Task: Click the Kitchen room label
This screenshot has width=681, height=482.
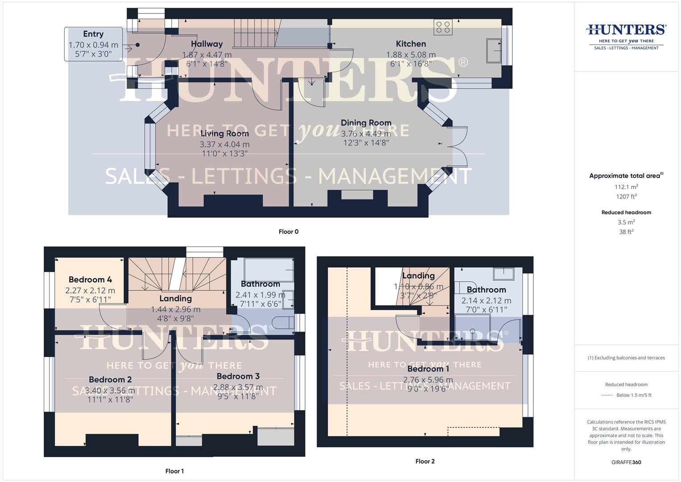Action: point(411,44)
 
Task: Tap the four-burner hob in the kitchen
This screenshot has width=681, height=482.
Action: point(443,27)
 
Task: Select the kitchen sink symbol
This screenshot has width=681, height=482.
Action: point(494,50)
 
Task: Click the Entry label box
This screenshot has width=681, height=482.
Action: point(93,44)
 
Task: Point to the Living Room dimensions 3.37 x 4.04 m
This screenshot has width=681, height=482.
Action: point(224,144)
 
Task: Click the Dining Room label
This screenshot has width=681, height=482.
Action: point(366,123)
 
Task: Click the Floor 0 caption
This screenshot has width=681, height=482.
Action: point(289,232)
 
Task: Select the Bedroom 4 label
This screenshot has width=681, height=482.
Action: point(90,280)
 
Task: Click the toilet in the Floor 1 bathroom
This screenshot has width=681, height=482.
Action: point(284,323)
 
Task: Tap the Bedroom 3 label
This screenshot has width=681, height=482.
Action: point(238,376)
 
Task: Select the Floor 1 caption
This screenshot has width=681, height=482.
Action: point(174,471)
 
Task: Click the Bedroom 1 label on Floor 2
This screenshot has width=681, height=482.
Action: point(428,369)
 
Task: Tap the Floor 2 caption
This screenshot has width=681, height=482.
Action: point(425,461)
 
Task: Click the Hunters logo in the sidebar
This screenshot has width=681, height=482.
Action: point(626,36)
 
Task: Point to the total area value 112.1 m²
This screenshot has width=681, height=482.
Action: point(626,187)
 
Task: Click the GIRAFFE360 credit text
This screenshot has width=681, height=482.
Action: point(626,462)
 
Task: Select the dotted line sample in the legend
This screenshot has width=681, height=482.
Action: point(607,395)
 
